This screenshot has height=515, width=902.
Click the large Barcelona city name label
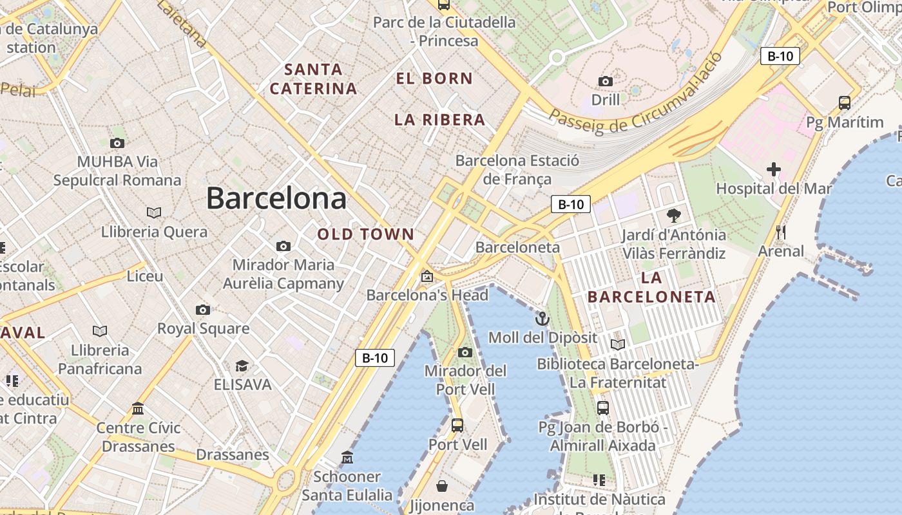click(276, 198)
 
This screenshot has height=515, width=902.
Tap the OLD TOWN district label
click(365, 234)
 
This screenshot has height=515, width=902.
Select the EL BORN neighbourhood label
click(434, 79)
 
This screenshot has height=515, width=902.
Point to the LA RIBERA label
click(439, 120)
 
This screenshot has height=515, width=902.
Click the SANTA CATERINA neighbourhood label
click(313, 79)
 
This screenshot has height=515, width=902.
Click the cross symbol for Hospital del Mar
click(773, 169)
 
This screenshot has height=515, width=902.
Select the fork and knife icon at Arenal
click(781, 232)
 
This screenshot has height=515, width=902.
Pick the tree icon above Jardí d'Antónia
click(674, 215)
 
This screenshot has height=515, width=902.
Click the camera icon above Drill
click(605, 81)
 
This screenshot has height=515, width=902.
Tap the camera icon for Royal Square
click(203, 310)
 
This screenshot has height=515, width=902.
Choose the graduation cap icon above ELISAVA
click(242, 366)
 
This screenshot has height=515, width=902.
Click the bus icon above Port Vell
click(457, 425)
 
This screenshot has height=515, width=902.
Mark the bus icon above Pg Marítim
click(845, 102)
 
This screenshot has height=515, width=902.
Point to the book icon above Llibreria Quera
click(154, 212)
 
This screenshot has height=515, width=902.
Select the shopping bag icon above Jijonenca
click(442, 485)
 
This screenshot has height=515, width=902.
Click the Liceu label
click(145, 276)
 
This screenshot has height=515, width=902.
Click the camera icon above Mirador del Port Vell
click(465, 352)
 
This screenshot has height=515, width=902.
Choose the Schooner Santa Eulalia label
click(347, 486)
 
